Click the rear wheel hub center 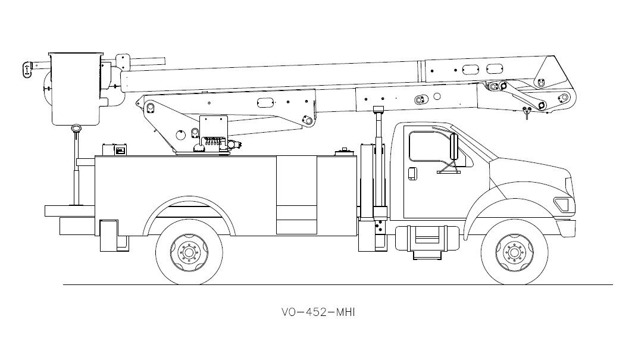click(189, 252)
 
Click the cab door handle click(411, 173)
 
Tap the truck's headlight click(562, 204)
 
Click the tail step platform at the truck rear click(69, 210)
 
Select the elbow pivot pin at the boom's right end click(541, 106)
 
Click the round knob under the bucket click(76, 128)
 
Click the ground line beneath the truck click(333, 285)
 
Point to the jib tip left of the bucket click(27, 69)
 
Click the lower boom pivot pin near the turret click(150, 107)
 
